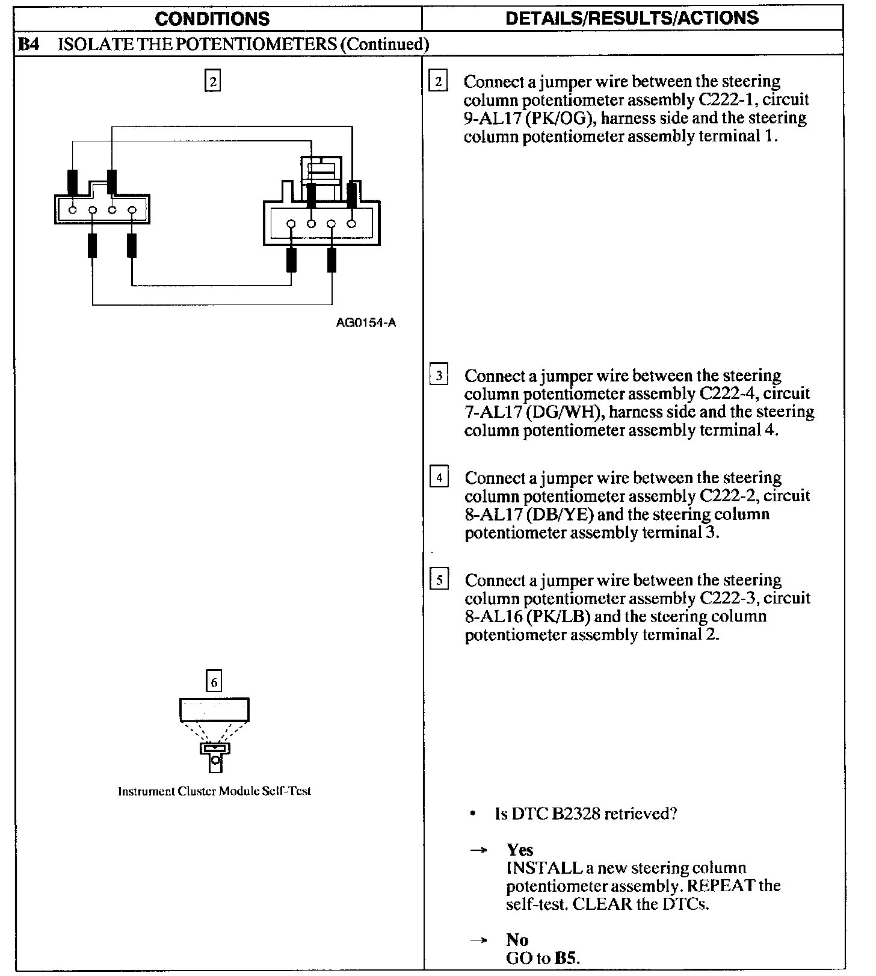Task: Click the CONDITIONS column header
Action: click(212, 19)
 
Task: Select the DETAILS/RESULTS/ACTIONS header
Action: click(632, 18)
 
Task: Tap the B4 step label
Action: click(29, 44)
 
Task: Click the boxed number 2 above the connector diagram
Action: click(213, 81)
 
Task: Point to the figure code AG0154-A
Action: click(366, 323)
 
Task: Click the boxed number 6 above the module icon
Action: click(214, 681)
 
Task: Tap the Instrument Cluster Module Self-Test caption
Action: click(214, 791)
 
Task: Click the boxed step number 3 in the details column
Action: click(439, 376)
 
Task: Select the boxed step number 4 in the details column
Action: click(439, 478)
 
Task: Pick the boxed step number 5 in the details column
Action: click(439, 581)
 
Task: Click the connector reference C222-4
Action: click(729, 394)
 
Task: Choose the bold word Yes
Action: click(520, 850)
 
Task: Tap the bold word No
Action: click(517, 940)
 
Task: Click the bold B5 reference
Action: click(566, 959)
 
